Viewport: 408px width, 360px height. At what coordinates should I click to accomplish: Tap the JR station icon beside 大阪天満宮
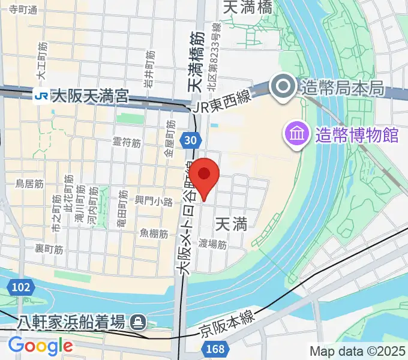pyautogui.click(x=42, y=95)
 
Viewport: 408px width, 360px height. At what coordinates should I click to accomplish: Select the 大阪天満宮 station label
pyautogui.click(x=90, y=95)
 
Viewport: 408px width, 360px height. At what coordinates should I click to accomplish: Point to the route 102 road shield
pyautogui.click(x=20, y=287)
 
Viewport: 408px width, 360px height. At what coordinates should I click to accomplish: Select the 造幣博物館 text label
pyautogui.click(x=357, y=134)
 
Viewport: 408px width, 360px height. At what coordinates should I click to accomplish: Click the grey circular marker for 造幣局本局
pyautogui.click(x=281, y=88)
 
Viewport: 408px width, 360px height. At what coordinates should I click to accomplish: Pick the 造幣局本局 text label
pyautogui.click(x=343, y=88)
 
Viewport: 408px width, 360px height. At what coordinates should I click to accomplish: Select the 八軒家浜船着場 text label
pyautogui.click(x=67, y=323)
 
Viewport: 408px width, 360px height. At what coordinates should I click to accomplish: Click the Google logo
pyautogui.click(x=40, y=346)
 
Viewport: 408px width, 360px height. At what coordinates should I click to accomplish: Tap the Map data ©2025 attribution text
pyautogui.click(x=356, y=351)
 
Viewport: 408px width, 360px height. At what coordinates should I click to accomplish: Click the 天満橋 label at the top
pyautogui.click(x=247, y=7)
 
